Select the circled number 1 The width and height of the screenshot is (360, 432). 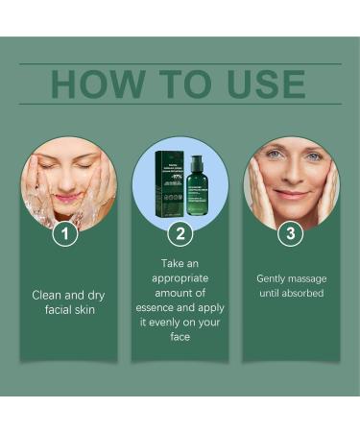[64, 232]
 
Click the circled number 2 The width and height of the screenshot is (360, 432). [180, 232]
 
